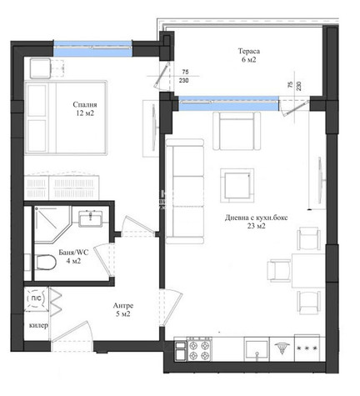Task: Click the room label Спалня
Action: point(85,104)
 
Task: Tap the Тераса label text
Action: point(249,51)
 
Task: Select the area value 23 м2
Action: point(257,226)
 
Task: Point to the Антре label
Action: point(123,306)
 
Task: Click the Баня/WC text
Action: point(73,253)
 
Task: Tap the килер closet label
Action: point(38,325)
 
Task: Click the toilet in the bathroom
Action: point(46,262)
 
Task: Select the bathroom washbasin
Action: point(90,219)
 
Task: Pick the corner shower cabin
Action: point(52,224)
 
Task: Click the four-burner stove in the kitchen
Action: point(199,350)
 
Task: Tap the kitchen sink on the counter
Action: point(257,349)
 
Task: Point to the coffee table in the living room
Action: point(237,185)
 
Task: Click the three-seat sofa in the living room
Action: point(185,191)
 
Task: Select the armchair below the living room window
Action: point(237,131)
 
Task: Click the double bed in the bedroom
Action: point(66,118)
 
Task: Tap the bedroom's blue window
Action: point(92,48)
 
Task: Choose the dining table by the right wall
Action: point(308,270)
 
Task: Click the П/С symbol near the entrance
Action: point(36,298)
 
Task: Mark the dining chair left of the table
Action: point(279,270)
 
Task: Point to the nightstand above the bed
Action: point(40,68)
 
